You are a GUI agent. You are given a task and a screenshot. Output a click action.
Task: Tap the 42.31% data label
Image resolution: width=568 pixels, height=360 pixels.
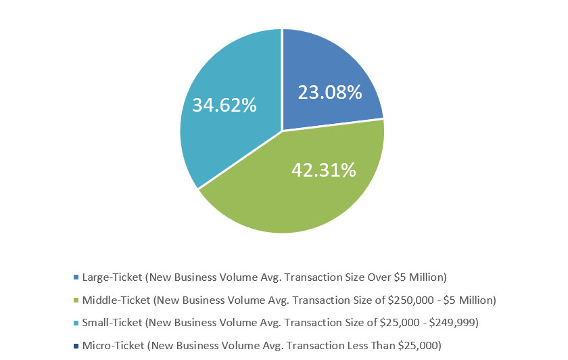tap(323, 170)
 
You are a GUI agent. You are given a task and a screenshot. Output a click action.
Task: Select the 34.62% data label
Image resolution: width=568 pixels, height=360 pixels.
tap(224, 105)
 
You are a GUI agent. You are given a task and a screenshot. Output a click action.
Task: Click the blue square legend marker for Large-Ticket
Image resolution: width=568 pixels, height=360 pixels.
tap(74, 277)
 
